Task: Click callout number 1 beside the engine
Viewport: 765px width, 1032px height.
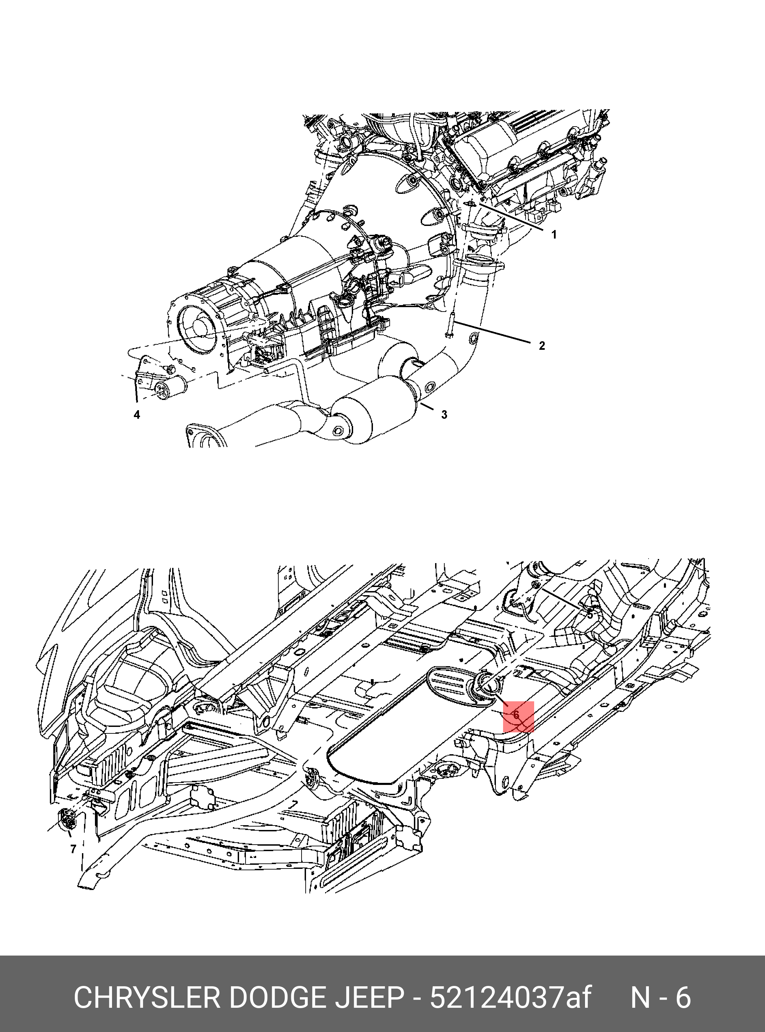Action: click(554, 235)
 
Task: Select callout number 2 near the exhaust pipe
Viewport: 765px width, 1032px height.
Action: click(542, 345)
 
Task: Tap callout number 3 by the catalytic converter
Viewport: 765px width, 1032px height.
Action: click(444, 415)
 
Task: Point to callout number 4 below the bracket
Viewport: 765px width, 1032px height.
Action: click(137, 415)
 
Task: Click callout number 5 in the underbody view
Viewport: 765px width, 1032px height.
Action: click(590, 615)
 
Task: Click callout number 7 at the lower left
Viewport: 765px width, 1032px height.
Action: click(73, 849)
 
